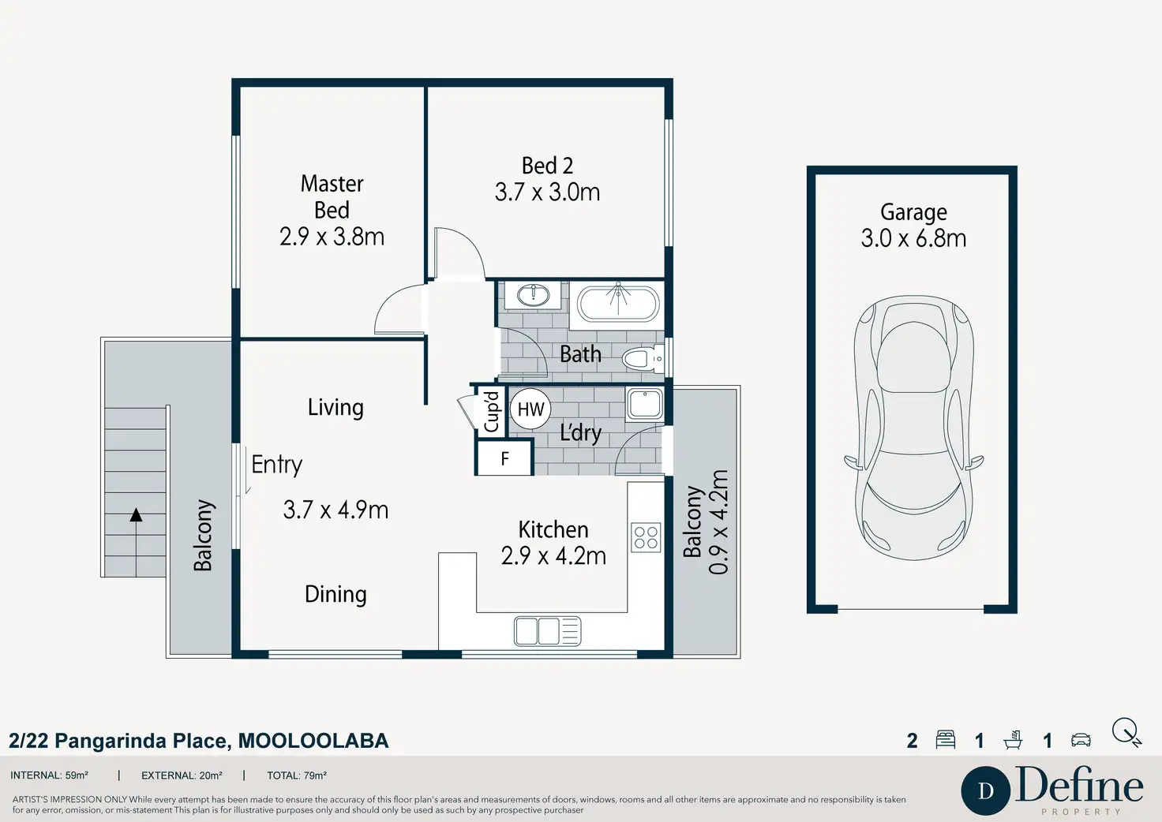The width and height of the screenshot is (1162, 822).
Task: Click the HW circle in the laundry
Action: (530, 409)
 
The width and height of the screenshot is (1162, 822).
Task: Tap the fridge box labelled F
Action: (504, 458)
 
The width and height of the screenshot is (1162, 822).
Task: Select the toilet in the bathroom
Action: (643, 358)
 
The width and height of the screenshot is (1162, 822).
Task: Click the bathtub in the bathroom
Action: (617, 305)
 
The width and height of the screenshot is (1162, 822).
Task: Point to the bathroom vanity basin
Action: (534, 296)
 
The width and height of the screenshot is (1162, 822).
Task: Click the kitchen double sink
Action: (547, 631)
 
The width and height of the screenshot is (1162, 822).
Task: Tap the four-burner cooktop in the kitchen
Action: (646, 537)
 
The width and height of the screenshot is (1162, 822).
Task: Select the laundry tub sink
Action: (644, 404)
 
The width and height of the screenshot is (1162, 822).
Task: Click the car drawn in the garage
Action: (913, 428)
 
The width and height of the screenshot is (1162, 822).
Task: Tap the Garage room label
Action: (913, 212)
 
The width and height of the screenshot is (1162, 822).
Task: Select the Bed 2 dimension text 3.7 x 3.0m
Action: (547, 192)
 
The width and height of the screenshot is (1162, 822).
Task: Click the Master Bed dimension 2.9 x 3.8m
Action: (332, 237)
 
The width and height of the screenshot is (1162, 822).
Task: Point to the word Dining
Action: (335, 594)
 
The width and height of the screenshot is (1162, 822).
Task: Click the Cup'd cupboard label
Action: (491, 412)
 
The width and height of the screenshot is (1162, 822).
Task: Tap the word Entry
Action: (277, 465)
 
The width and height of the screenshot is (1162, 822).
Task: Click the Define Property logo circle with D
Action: (986, 790)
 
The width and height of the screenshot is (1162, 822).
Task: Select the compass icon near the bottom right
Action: (1126, 733)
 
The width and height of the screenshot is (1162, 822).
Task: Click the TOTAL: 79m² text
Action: (297, 775)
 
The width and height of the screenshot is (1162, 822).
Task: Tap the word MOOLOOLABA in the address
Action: (313, 741)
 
